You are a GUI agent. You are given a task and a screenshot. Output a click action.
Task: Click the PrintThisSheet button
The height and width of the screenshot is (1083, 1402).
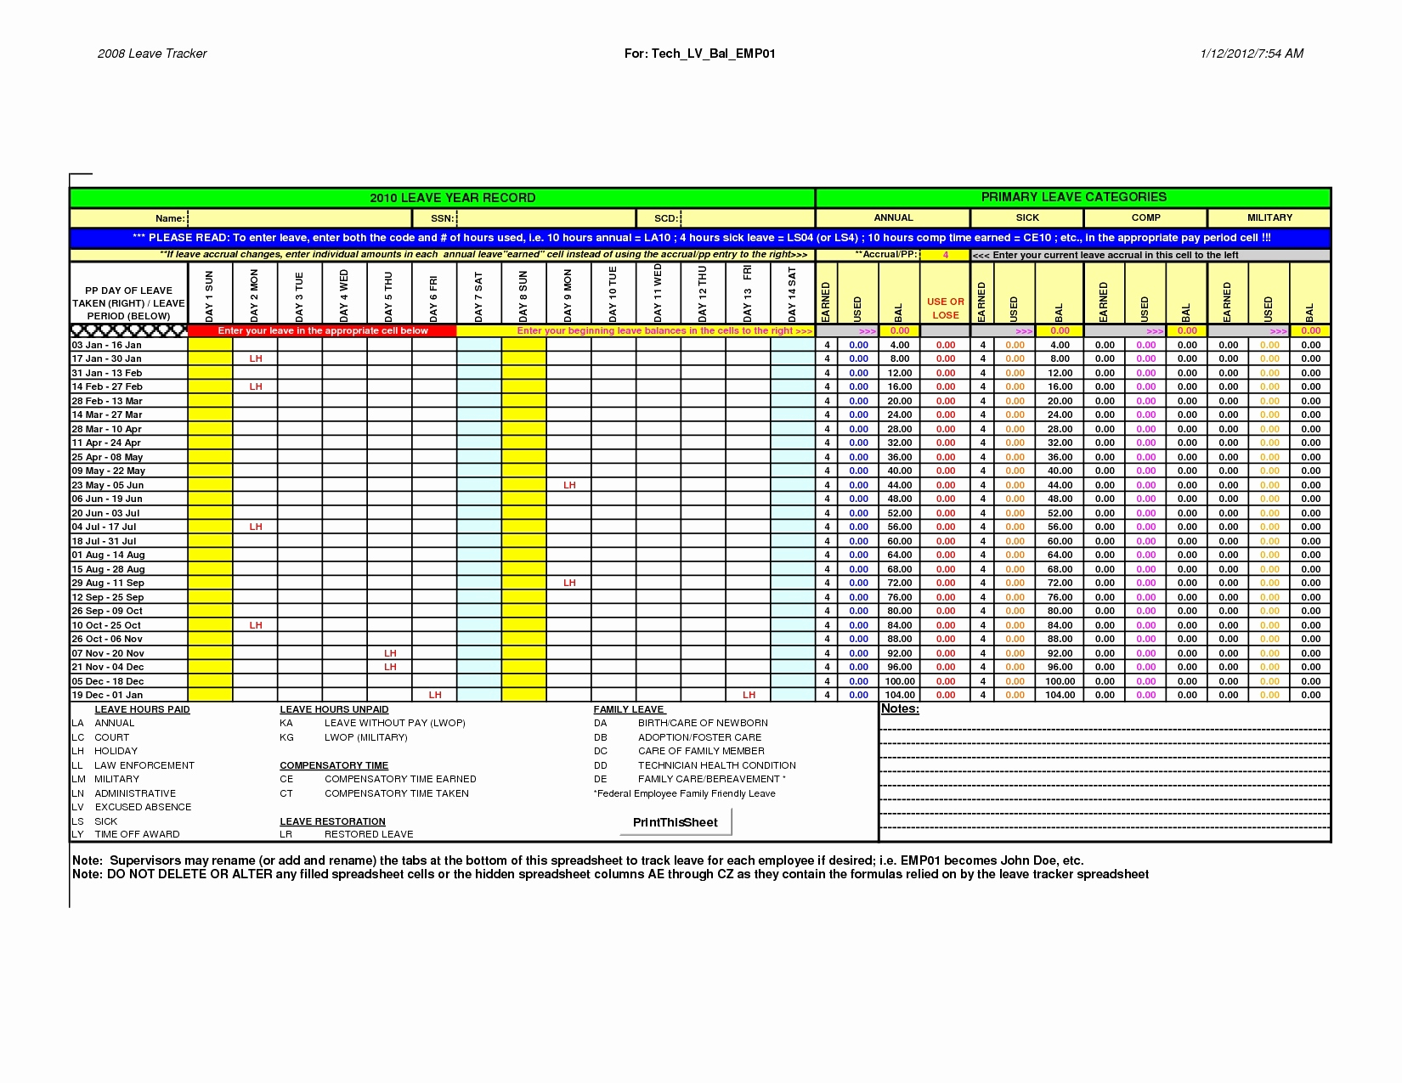675,822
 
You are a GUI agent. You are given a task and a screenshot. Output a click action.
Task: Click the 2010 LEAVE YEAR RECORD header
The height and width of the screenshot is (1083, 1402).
452,198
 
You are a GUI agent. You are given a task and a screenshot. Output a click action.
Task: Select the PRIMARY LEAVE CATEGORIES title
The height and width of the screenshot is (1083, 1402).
1073,197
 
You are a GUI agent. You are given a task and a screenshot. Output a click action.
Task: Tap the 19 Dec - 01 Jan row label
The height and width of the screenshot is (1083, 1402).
107,695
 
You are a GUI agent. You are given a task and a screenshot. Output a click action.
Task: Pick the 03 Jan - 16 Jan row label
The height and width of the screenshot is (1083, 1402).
106,345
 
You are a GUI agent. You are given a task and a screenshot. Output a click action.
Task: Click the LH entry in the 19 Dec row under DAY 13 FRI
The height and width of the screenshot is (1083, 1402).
749,695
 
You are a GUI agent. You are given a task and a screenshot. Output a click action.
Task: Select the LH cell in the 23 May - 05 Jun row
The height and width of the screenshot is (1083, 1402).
569,485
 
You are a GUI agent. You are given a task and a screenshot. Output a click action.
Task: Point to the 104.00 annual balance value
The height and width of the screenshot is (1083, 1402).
900,695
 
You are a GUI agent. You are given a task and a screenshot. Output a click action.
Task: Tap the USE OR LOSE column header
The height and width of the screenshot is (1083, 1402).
945,307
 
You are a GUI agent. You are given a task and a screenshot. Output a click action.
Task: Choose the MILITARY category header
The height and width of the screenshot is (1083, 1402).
1269,217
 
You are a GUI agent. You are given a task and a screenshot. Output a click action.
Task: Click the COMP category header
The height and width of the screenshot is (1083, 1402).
1145,217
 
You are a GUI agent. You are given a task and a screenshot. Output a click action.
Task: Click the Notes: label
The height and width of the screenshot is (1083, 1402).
900,708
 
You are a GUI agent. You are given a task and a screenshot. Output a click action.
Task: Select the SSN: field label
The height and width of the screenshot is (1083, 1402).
442,218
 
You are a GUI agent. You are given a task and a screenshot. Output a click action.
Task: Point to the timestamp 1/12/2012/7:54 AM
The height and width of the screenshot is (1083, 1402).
1252,54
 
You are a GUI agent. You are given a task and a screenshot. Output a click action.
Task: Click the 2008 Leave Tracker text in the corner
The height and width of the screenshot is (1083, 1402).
152,54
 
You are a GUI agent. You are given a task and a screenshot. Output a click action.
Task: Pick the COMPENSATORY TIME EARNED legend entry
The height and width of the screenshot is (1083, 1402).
400,779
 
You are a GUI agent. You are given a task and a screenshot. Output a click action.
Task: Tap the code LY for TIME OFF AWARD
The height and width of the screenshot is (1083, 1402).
77,834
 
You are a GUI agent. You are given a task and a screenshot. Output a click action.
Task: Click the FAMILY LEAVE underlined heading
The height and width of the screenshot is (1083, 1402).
629,709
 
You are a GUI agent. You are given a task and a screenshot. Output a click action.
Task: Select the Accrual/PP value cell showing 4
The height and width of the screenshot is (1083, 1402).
945,255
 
